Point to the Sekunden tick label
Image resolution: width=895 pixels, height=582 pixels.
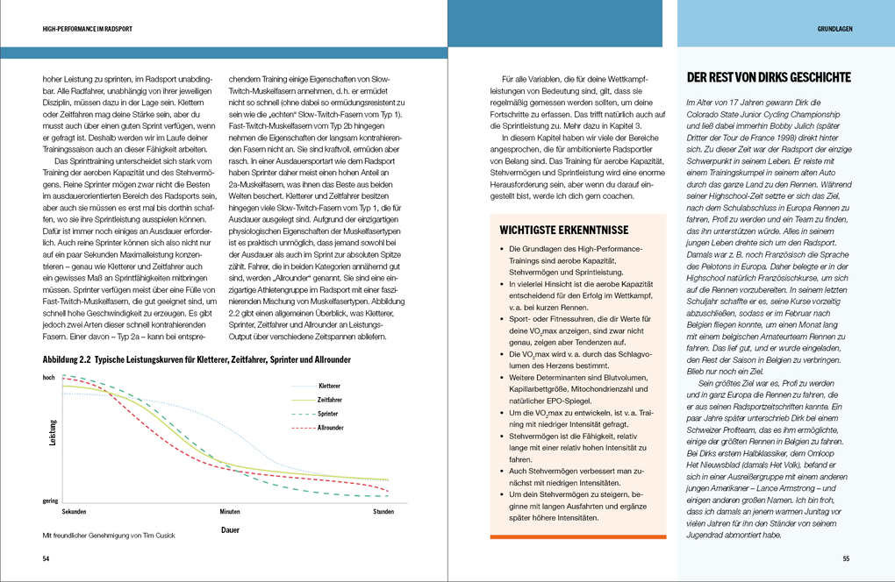coord(74,510)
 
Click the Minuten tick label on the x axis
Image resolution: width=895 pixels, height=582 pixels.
coord(230,510)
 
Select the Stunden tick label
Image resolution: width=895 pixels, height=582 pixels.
coord(383,510)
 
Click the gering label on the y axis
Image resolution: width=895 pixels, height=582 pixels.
coord(50,500)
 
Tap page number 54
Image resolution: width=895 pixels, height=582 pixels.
coord(46,558)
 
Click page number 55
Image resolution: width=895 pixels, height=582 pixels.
coord(846,558)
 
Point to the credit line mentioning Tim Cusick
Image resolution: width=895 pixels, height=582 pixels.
coord(110,536)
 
